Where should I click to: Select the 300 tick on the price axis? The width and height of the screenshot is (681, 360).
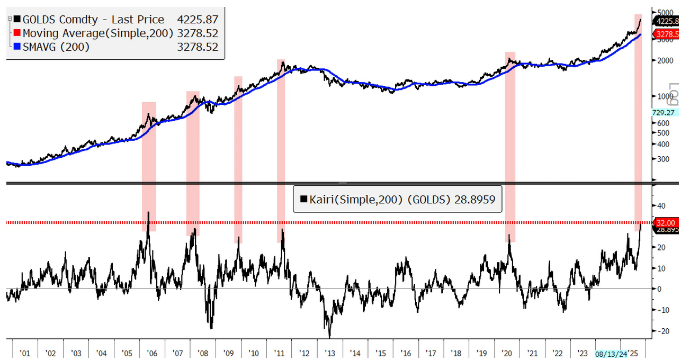[662, 158]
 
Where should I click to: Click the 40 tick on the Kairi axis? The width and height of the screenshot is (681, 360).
[661, 205]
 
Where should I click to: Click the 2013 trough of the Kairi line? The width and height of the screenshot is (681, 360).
[329, 337]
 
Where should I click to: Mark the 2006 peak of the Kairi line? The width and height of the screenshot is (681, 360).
[149, 212]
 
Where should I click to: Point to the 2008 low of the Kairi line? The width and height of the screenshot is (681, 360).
[211, 328]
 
